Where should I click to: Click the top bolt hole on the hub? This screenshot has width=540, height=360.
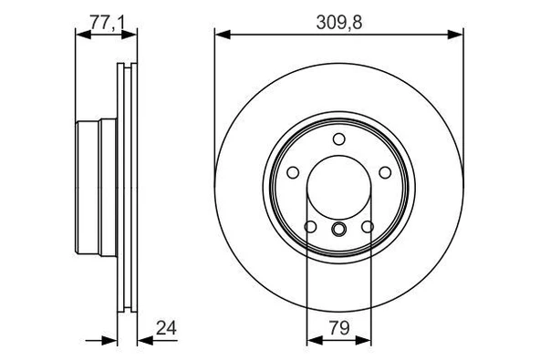[x=338, y=139]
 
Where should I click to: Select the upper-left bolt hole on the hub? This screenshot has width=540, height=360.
[x=293, y=172]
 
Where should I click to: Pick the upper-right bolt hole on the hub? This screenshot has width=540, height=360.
[x=384, y=172]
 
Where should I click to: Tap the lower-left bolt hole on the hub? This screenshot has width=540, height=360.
[x=310, y=226]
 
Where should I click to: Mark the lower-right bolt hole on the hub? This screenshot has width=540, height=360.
[x=367, y=226]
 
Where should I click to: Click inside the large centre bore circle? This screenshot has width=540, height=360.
[x=338, y=187]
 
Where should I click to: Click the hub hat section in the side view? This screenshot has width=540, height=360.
[x=96, y=187]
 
